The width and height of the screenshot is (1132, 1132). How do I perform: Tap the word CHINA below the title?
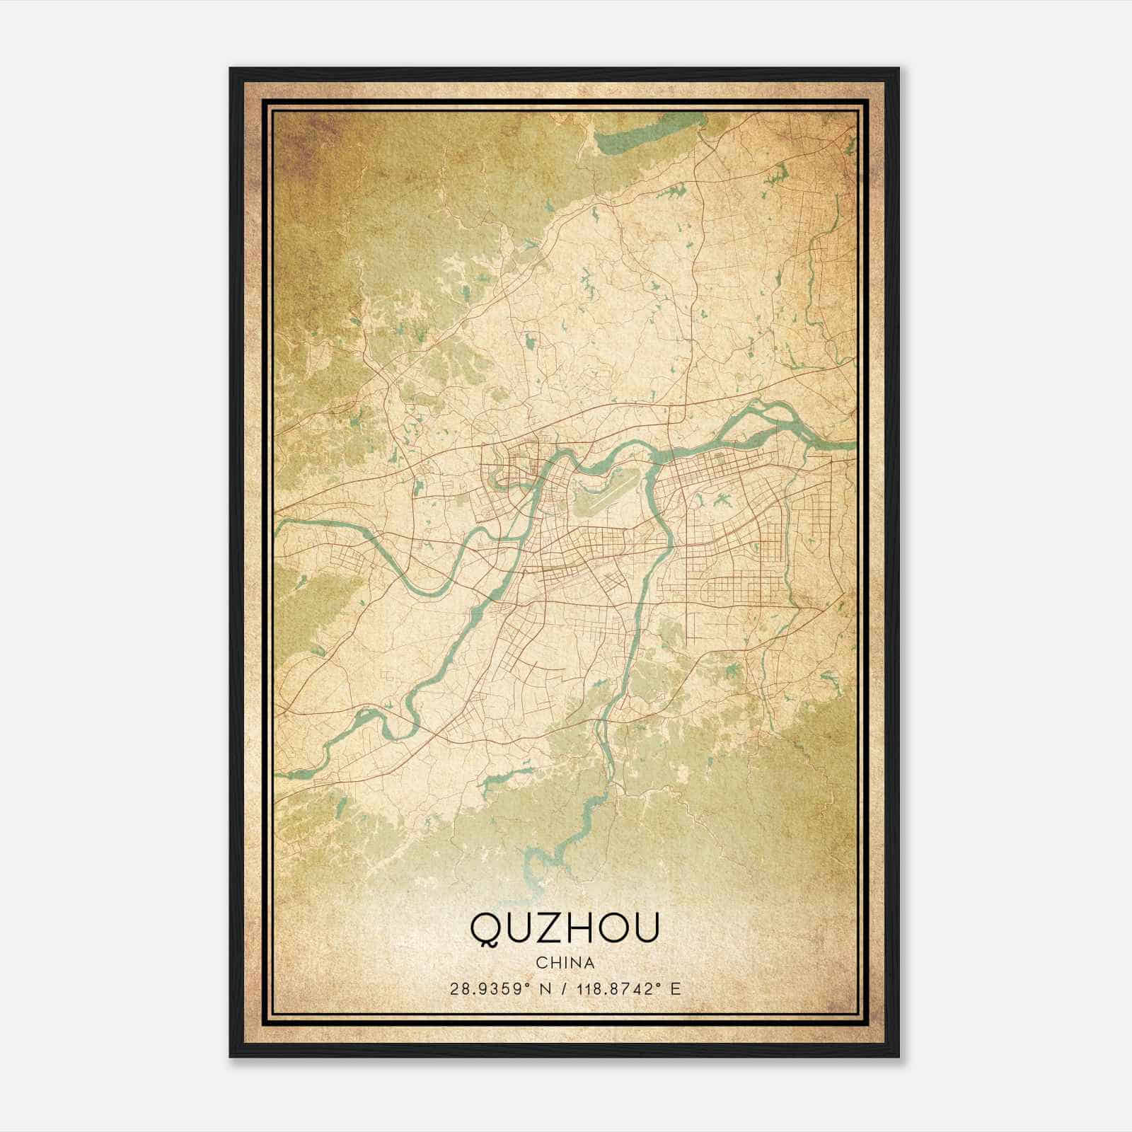point(565,962)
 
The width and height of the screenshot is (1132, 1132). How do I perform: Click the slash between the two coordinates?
point(565,988)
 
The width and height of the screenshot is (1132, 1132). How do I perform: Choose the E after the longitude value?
point(676,988)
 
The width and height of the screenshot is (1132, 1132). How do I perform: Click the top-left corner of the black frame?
point(231,69)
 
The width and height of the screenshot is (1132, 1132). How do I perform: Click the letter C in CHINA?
point(541,962)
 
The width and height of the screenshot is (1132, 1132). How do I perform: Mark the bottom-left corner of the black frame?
point(231,1056)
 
